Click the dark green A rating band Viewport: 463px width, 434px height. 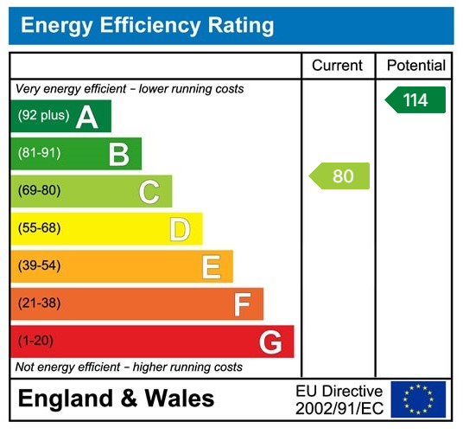60,117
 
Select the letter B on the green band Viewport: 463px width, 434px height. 118,154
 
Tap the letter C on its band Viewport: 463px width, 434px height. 149,191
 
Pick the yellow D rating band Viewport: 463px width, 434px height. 105,229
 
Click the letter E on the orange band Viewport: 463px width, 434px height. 211,266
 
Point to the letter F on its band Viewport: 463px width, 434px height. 242,303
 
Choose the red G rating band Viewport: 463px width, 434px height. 152,341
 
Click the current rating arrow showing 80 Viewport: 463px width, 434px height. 339,176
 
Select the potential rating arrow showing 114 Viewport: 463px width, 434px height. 415,100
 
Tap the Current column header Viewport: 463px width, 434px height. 338,66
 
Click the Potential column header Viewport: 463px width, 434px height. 415,66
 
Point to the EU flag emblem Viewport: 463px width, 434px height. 418,399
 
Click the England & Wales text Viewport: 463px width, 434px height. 116,399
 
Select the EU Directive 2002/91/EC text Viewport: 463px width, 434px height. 339,399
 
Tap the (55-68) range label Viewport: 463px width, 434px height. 40,229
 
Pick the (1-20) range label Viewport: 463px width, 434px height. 35,341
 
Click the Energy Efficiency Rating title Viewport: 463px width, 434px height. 147,26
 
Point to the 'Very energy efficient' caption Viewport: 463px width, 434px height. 130,89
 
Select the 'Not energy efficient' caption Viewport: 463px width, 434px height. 129,367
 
